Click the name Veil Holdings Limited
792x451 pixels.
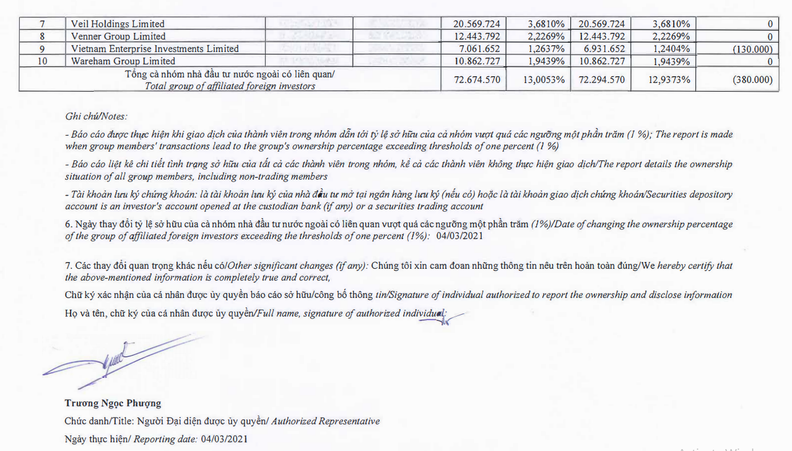click(x=118, y=24)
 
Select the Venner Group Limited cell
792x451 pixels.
click(x=118, y=37)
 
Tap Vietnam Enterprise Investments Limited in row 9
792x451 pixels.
click(x=155, y=49)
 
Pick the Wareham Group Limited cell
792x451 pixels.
click(x=123, y=61)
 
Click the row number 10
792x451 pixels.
click(x=42, y=61)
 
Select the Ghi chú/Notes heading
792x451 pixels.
click(x=96, y=116)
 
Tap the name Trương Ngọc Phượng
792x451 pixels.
click(x=113, y=403)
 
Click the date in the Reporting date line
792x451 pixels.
click(x=224, y=439)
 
